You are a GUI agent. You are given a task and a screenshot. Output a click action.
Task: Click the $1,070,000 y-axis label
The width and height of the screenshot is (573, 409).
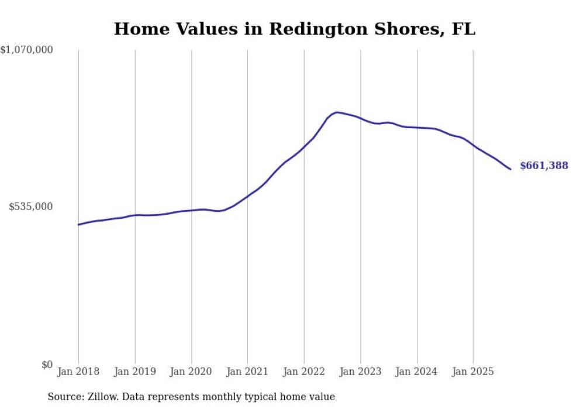(x=27, y=50)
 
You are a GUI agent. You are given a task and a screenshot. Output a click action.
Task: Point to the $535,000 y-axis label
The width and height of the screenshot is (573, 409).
(x=30, y=207)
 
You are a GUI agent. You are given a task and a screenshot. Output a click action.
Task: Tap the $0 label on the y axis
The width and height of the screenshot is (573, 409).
(x=46, y=365)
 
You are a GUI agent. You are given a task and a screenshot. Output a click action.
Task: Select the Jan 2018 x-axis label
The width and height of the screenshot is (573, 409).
(x=78, y=372)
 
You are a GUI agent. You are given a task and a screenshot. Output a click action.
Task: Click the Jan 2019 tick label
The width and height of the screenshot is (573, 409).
(x=135, y=372)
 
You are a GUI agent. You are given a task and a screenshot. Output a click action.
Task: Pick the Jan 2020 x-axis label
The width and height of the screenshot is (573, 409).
(x=191, y=372)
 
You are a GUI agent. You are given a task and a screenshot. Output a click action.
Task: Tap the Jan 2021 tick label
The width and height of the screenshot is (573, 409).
(x=247, y=372)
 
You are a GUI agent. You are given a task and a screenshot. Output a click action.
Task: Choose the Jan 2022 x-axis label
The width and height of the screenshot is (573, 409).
(x=304, y=372)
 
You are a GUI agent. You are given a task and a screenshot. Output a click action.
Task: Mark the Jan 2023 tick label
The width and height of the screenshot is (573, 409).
(x=360, y=372)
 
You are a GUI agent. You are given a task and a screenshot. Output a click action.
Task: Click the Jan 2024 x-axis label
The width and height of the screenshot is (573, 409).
(x=417, y=372)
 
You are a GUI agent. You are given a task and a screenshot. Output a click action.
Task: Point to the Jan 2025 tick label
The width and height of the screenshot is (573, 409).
(x=473, y=372)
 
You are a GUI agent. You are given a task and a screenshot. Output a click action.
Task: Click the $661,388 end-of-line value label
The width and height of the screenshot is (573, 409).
(x=544, y=166)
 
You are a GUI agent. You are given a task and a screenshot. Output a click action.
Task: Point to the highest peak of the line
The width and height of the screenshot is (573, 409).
(x=337, y=112)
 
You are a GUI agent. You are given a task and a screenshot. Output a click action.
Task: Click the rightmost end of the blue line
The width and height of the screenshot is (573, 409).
(x=510, y=169)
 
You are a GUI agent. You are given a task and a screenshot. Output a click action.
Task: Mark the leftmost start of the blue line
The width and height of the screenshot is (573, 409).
(x=78, y=225)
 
